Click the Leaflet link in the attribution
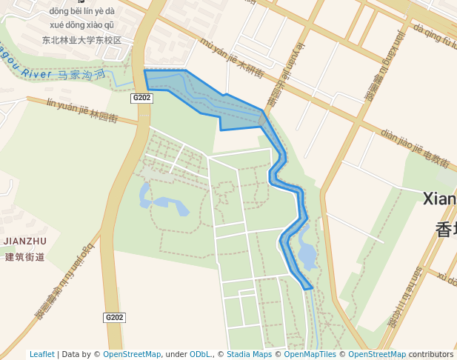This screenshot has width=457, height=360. pos(41,354)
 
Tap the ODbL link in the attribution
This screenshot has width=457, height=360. pos(200,354)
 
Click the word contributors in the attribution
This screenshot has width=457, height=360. pos(431,354)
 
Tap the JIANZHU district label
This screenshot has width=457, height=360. pos(25,241)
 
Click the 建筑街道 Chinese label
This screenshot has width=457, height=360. pos(25,257)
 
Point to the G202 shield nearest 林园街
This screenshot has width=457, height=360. pos(141,98)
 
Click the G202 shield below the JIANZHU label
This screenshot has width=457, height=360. pos(114,318)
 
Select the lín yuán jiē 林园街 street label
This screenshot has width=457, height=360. pos(81,109)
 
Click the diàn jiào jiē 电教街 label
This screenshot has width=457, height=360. pos(416,147)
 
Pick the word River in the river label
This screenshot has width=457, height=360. pos(37,73)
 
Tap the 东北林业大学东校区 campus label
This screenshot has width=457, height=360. pos(81,40)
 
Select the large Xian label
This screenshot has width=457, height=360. pos(439,198)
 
